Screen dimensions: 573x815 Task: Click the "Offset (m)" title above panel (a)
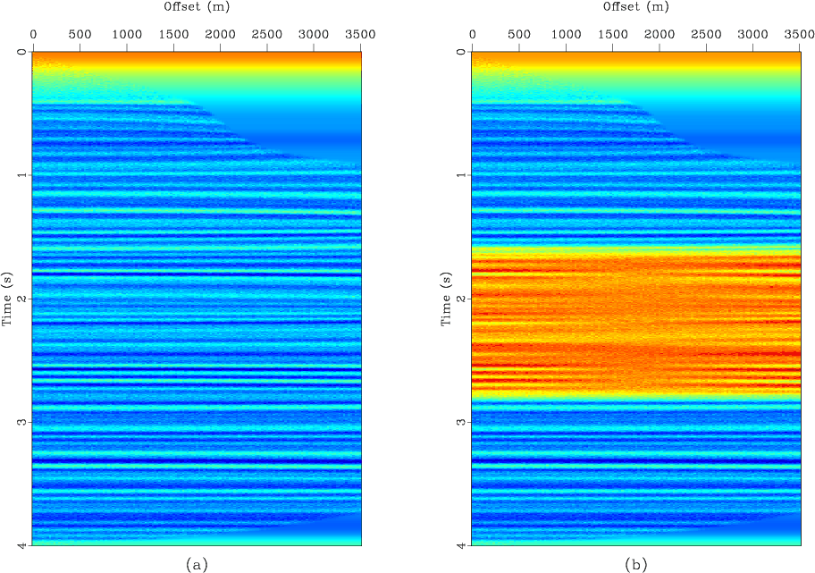[197, 7]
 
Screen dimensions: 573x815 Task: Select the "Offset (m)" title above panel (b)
[635, 7]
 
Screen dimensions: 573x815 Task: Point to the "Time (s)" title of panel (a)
[8, 297]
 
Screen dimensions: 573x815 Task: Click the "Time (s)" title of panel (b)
[447, 297]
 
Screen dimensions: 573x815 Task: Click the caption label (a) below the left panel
[197, 564]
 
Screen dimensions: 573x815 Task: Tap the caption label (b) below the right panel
[635, 564]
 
